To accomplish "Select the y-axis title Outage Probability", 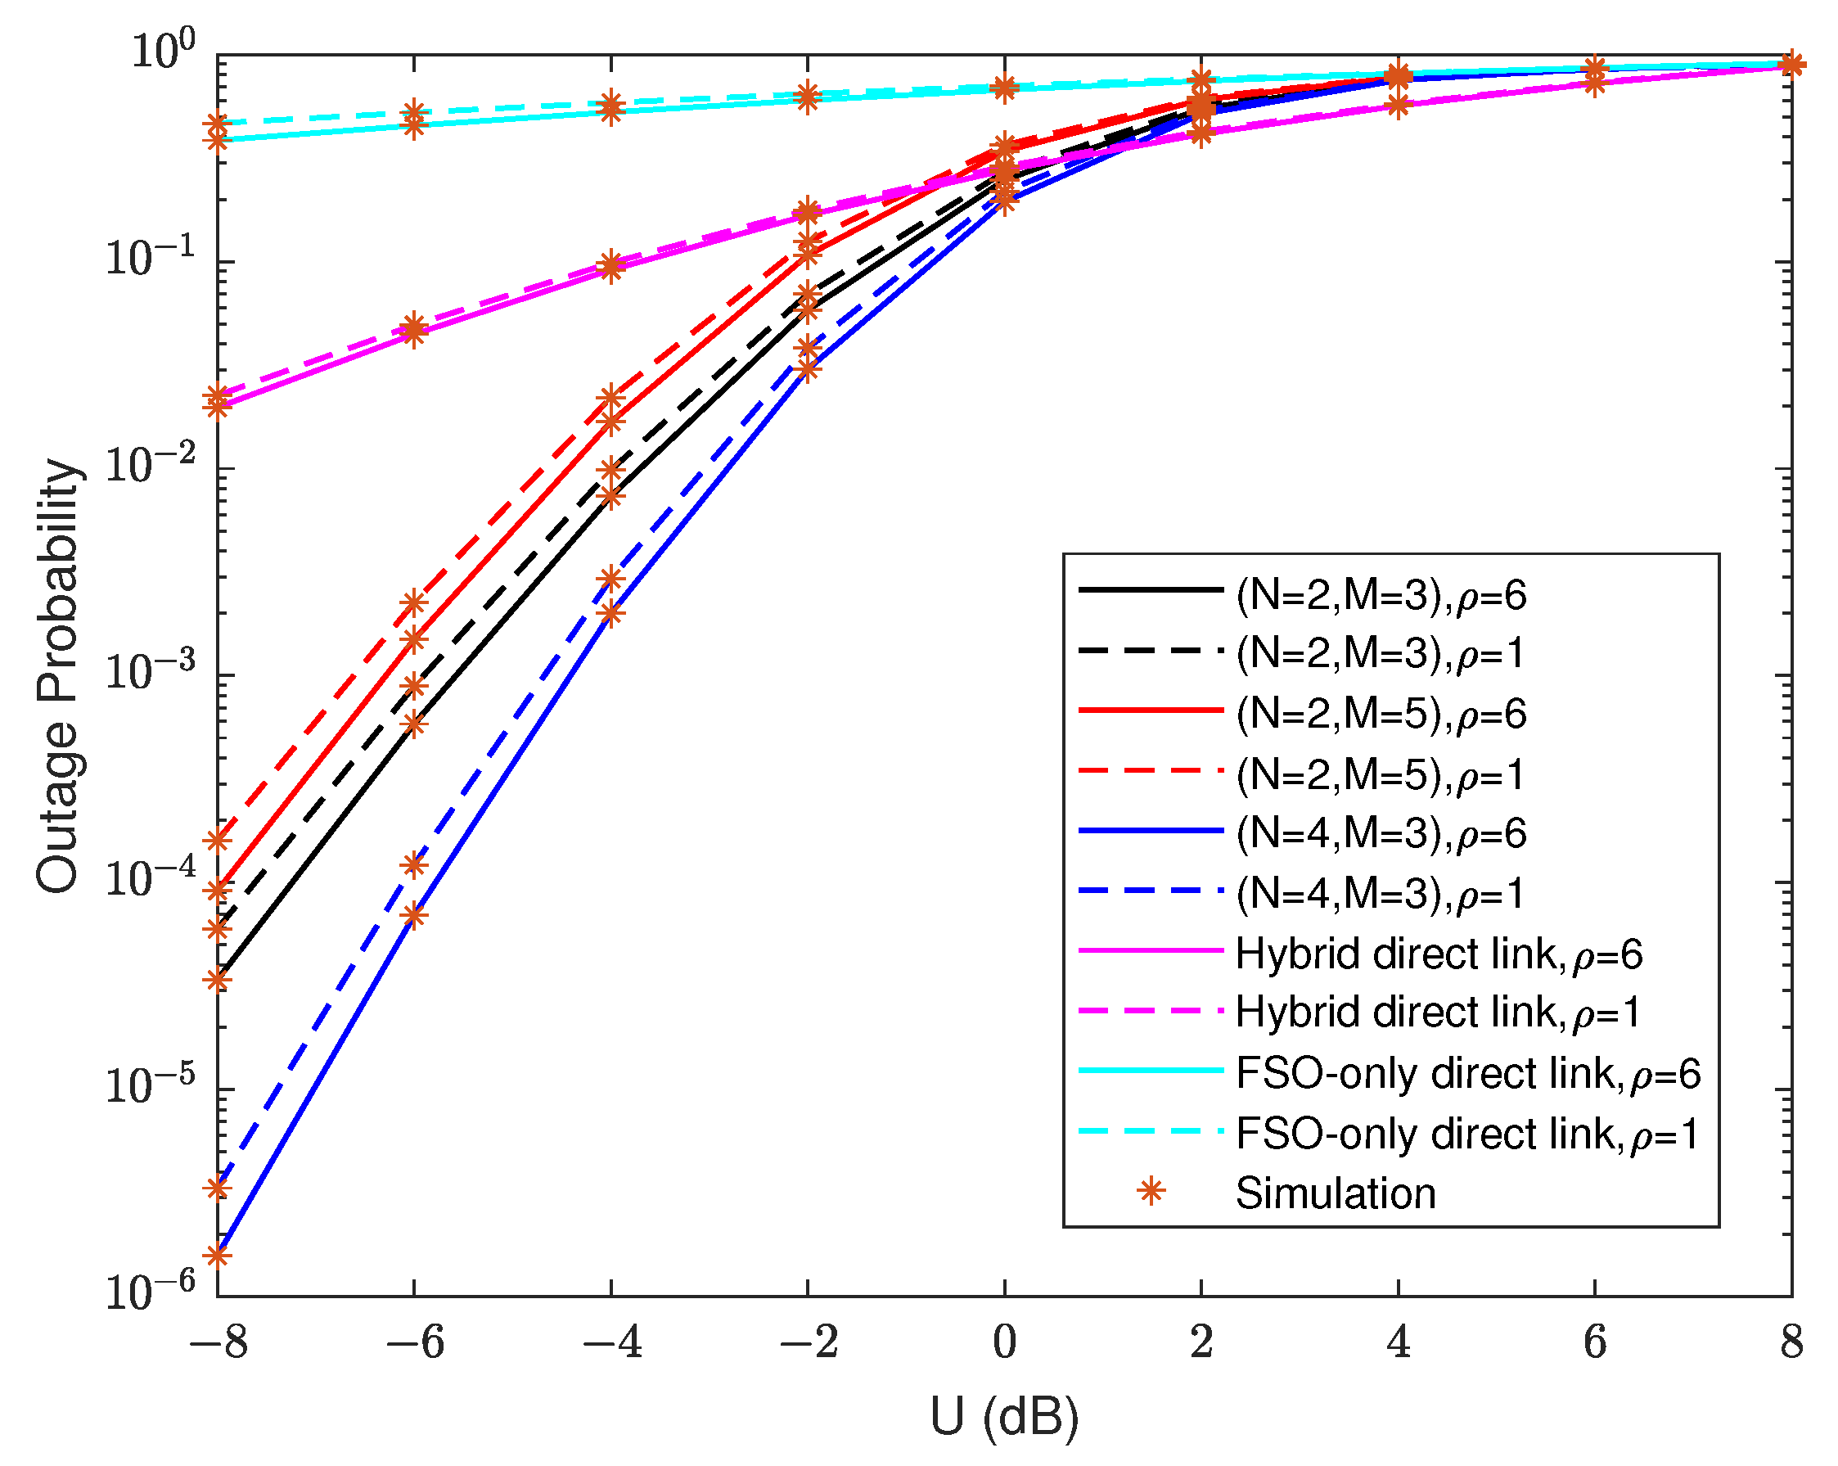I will pyautogui.click(x=58, y=675).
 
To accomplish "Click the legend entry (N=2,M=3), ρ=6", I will pyautogui.click(x=1381, y=595).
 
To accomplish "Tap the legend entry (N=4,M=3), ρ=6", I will pyautogui.click(x=1381, y=833).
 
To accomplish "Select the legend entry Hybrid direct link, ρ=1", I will pyautogui.click(x=1437, y=1013).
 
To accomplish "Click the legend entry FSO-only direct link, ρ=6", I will pyautogui.click(x=1467, y=1073).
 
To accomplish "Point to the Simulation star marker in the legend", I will pyautogui.click(x=1151, y=1192).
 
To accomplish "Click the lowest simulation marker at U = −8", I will pyautogui.click(x=218, y=1256).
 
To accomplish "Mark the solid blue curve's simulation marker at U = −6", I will pyautogui.click(x=414, y=916).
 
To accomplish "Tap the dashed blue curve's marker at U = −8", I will pyautogui.click(x=218, y=1188).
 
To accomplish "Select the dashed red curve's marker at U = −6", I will pyautogui.click(x=414, y=603).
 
